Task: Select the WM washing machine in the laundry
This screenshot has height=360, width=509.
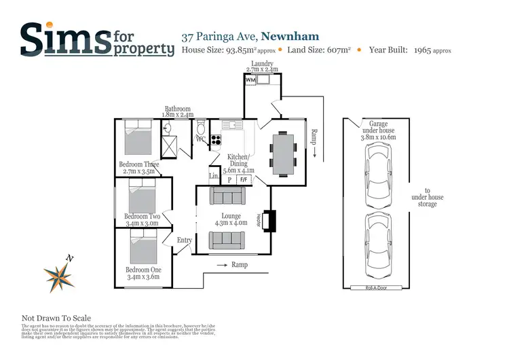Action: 250,81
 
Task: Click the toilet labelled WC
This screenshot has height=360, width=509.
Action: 201,131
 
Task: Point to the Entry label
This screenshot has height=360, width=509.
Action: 185,240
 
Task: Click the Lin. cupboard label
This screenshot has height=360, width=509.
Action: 214,177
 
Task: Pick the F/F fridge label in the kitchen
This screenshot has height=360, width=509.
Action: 244,180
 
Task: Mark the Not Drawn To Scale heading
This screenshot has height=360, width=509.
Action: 56,318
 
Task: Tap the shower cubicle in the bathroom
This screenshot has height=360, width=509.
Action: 170,146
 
